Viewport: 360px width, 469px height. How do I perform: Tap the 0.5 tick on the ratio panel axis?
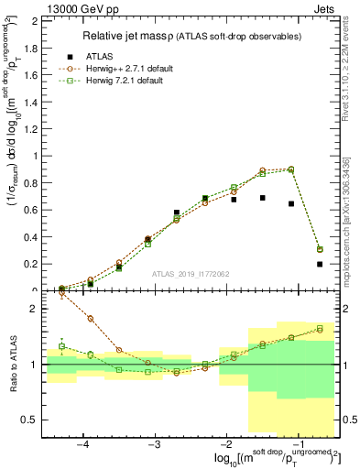pyautogui.click(x=34, y=420)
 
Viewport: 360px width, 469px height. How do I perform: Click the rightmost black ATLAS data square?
pyautogui.click(x=320, y=264)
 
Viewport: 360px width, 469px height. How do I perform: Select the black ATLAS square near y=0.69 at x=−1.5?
pyautogui.click(x=262, y=198)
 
